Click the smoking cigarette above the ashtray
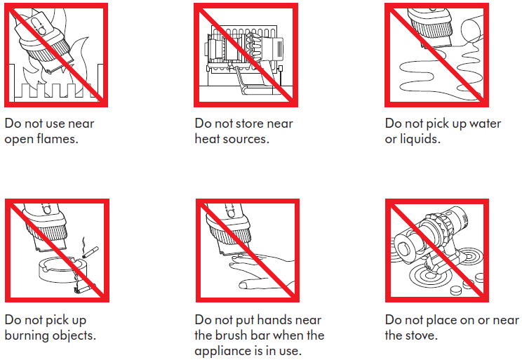tap(90, 252)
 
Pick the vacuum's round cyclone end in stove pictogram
tap(404, 248)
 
